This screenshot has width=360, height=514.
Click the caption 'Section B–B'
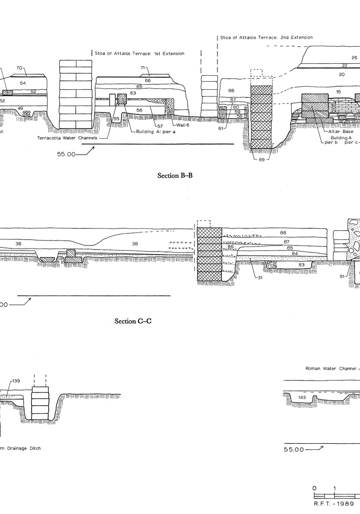pos(175,176)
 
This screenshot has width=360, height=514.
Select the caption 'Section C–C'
pos(133,321)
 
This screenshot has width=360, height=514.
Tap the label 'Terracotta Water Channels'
pos(67,138)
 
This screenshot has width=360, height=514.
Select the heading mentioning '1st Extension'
pos(139,53)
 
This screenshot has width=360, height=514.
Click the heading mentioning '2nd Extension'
pos(267,37)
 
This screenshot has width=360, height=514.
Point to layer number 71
pos(143,67)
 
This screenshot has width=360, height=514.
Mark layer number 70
pos(19,68)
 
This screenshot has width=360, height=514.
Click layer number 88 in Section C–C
pos(283,232)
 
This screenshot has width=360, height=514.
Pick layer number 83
pos(301,264)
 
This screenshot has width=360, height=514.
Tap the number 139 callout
pos(16,381)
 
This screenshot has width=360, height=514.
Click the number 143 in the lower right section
pos(302,398)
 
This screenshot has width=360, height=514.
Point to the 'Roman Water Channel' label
pos(331,368)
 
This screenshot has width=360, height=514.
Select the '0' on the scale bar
pos(314,488)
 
